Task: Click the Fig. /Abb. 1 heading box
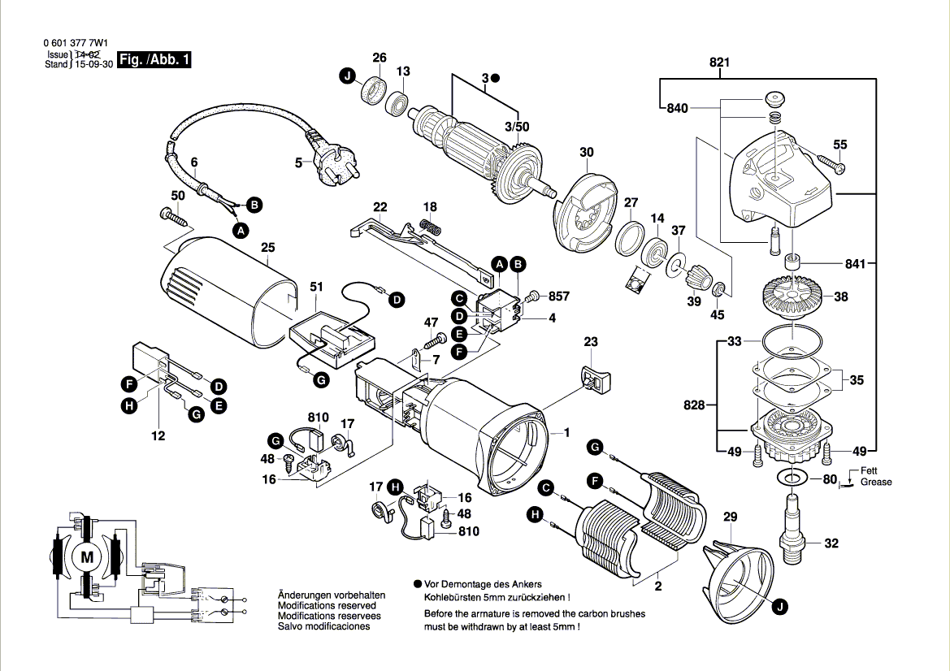coord(154,60)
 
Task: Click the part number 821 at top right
coord(720,63)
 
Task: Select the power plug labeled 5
coord(332,160)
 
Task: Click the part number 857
coord(559,297)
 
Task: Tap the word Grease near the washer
coord(876,482)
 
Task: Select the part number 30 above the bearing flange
coord(587,152)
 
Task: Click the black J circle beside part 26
coord(347,76)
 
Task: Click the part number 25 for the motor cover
coord(268,248)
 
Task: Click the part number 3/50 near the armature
coord(516,127)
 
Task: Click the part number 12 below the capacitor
coord(158,436)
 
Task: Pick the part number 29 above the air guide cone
coord(730,517)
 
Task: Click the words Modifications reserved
coord(327,606)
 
